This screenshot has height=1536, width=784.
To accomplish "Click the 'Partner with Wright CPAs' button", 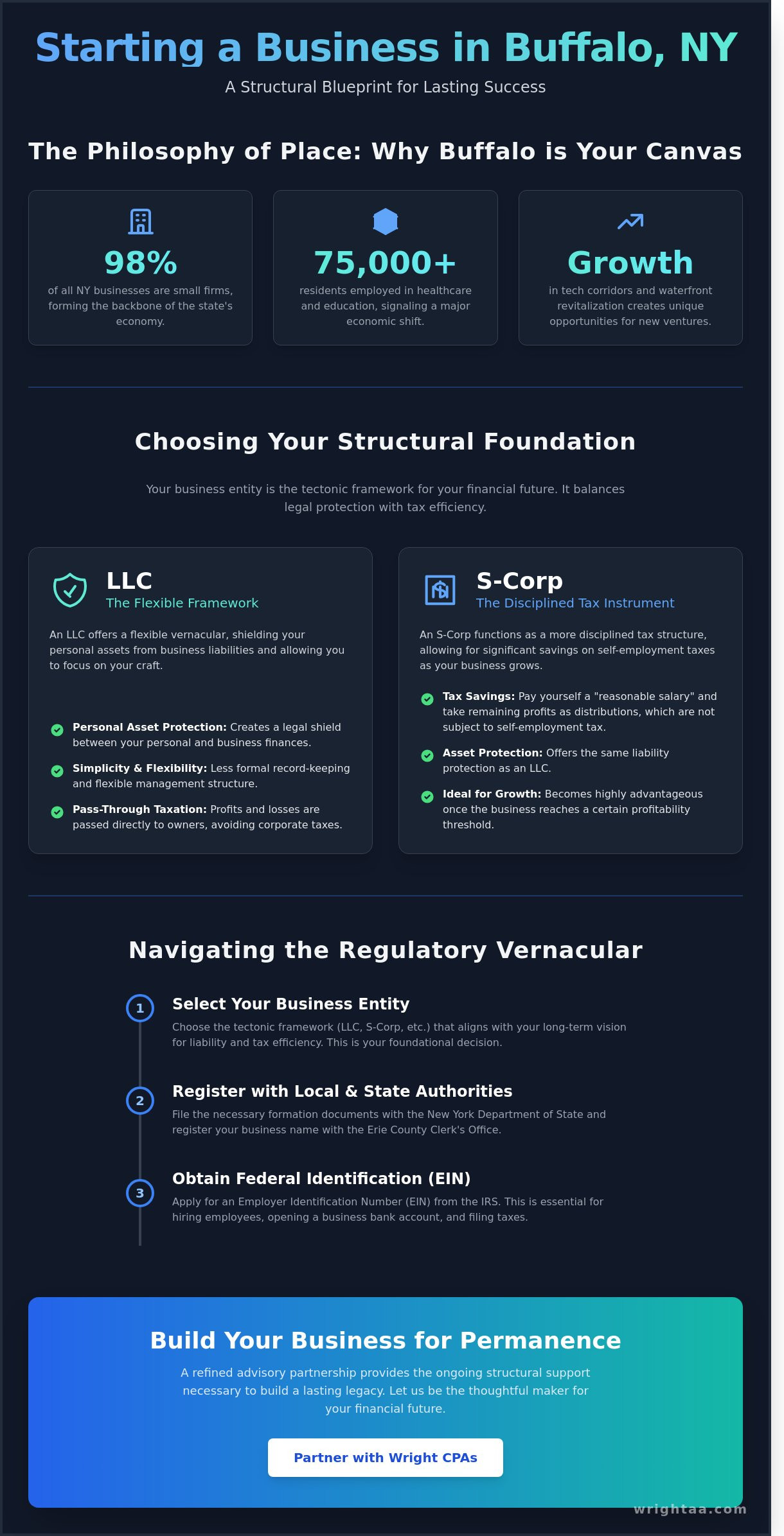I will (385, 1457).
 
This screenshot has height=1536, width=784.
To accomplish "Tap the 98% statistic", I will (140, 263).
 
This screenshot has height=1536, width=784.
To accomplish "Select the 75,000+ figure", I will (385, 263).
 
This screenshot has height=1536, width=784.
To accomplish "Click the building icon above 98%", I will (140, 222).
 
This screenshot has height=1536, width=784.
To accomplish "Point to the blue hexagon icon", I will (385, 222).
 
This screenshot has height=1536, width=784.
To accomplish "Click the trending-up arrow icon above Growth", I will (630, 222).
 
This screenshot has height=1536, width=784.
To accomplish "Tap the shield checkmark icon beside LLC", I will (70, 589).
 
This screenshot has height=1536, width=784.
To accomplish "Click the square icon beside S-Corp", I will (440, 589).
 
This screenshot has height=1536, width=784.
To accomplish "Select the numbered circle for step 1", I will (140, 1008).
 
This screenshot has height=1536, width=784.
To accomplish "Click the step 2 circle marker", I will (140, 1101).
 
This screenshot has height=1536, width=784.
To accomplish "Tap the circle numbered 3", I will (140, 1193).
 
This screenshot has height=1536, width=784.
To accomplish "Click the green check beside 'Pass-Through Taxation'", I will (57, 812).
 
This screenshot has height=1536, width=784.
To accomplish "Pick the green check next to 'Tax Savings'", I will (427, 699).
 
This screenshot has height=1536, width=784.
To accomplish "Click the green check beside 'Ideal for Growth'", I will (427, 796).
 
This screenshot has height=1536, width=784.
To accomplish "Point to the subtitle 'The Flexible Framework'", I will (182, 603).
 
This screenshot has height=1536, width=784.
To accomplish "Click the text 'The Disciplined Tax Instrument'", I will (575, 603).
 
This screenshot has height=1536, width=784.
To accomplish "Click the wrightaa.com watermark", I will (690, 1509).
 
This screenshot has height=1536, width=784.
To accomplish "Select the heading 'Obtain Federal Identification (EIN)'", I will (321, 1178).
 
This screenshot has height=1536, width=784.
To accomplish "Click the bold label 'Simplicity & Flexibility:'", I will (139, 768).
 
